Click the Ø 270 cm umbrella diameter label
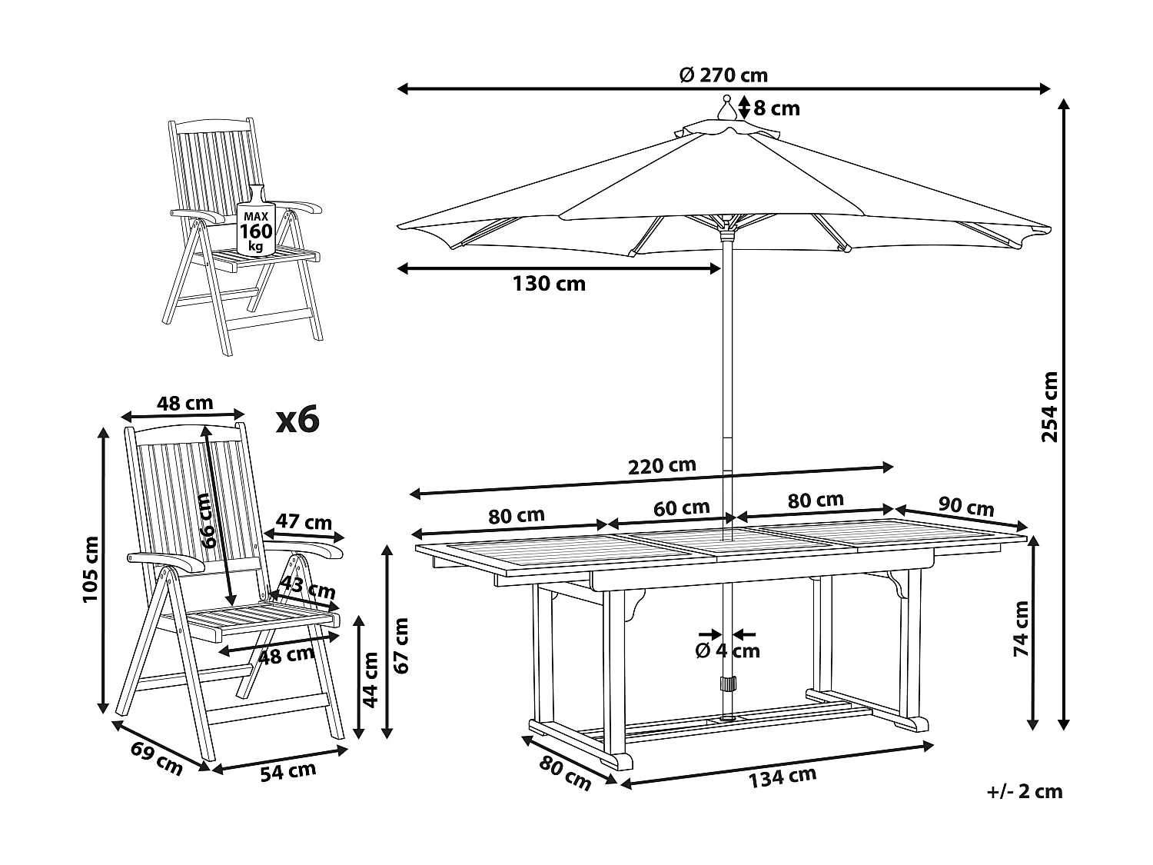[723, 75]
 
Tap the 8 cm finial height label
[777, 108]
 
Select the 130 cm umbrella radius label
[549, 284]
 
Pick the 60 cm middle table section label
[681, 508]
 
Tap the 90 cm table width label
[966, 507]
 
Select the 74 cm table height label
[1020, 628]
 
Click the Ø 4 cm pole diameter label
[727, 651]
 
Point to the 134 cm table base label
[783, 777]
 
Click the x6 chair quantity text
[297, 420]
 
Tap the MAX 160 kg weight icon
[254, 224]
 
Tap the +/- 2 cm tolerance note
[1025, 791]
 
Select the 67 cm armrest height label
[399, 644]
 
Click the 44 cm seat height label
[370, 679]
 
